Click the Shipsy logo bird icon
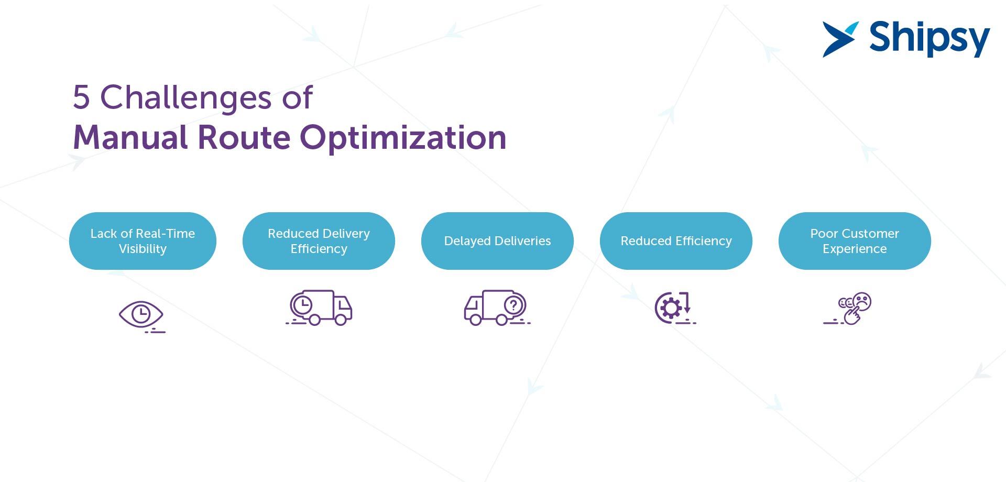(839, 39)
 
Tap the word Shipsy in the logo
(930, 39)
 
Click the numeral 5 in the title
(81, 97)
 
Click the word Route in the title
(244, 138)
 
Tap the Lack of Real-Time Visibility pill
(143, 241)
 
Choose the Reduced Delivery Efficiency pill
(319, 241)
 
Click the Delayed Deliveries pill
(497, 241)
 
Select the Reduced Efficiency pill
(676, 241)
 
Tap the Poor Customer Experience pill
(855, 241)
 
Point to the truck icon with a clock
(319, 308)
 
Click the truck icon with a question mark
(497, 308)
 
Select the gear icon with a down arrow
(675, 308)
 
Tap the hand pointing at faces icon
(848, 309)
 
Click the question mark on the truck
(514, 304)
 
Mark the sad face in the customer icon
(862, 301)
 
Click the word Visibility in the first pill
(143, 249)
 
